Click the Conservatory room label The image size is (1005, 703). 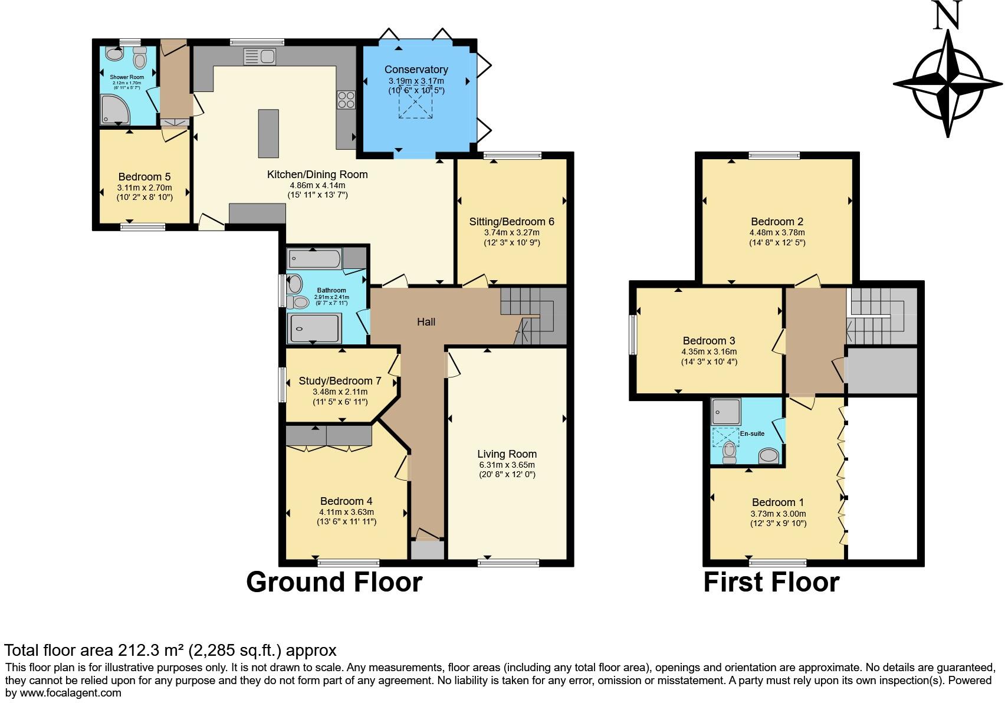(x=416, y=70)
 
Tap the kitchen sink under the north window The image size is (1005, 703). (x=260, y=57)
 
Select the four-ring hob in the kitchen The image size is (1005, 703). (x=346, y=100)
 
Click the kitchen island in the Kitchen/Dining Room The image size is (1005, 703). (x=268, y=133)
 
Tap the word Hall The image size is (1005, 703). (x=426, y=321)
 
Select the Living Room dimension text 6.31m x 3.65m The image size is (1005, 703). (x=507, y=465)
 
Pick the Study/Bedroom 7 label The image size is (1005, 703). (x=340, y=381)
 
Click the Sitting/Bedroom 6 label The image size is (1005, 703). (x=511, y=222)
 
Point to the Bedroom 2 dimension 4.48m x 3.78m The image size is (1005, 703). (x=777, y=232)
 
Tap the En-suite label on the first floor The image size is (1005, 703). (x=752, y=433)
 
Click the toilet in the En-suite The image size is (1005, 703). (x=730, y=451)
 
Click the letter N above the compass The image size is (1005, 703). (x=948, y=15)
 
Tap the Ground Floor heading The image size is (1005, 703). (x=334, y=582)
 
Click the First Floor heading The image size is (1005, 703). (x=771, y=582)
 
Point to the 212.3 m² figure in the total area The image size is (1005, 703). (x=152, y=651)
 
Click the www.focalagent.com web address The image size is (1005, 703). (x=71, y=692)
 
